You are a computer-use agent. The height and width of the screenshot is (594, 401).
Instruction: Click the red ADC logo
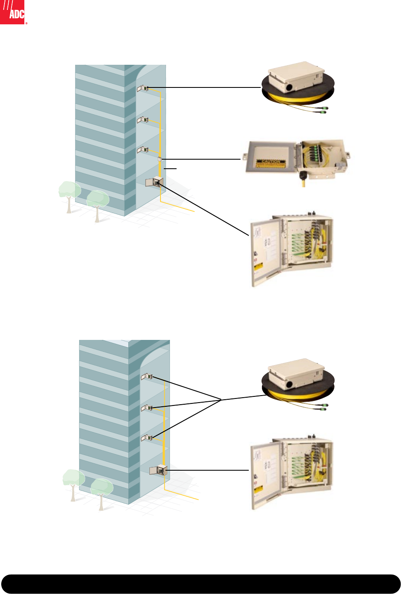12,12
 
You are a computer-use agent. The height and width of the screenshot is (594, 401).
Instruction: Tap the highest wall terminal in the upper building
143,88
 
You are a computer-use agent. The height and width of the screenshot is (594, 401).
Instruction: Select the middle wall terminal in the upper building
143,120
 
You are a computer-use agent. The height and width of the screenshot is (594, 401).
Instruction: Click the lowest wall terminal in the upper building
143,150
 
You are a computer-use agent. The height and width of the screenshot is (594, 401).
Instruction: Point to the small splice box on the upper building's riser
160,159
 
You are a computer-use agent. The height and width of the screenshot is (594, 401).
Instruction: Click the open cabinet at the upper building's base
154,181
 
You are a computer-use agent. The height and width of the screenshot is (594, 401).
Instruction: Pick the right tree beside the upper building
97,201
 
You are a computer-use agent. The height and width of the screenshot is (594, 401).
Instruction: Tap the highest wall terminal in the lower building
147,377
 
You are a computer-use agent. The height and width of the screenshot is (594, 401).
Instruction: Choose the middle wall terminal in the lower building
147,408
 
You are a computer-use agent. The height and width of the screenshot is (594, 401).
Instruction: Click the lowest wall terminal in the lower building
147,438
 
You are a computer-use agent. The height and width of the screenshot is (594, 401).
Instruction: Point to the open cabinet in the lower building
158,470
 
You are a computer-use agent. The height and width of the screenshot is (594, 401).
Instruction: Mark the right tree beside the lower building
101,490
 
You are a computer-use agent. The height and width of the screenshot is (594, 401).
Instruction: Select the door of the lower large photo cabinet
265,474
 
